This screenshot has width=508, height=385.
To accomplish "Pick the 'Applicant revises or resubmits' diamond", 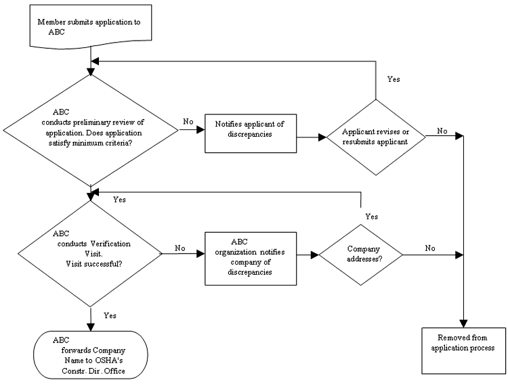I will pos(375,137).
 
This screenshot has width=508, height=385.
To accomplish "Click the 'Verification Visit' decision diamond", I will pos(90,254).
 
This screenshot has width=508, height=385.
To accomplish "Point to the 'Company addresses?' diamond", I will pos(360,255).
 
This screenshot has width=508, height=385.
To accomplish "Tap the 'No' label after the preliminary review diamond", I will pos(188,122).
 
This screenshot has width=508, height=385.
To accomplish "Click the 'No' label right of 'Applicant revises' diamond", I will pos(442,131).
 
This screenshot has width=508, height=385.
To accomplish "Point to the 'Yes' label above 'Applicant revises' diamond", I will pos(393,79).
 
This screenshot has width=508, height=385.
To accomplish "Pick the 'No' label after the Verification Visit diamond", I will pos(180,248).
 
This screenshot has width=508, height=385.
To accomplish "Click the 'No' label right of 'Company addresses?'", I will pos(430,248).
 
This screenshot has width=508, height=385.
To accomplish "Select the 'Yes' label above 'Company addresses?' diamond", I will pos(371,217).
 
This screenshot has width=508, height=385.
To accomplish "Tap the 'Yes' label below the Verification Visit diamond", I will pos(110,315).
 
